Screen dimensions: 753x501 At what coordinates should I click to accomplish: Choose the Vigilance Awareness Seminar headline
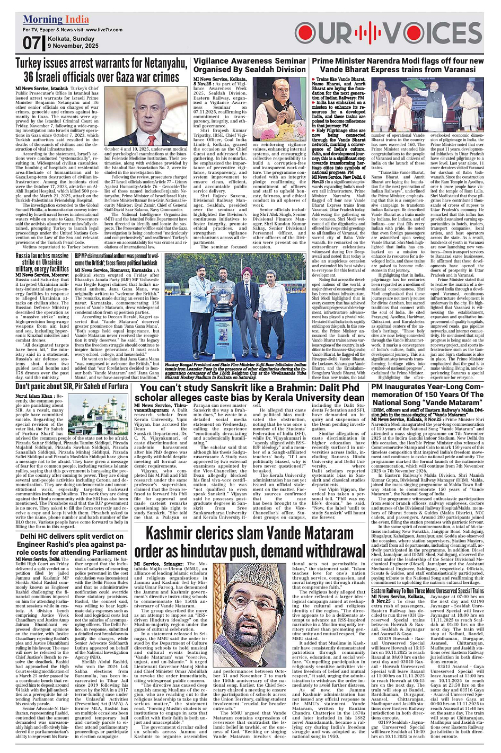click(250, 65)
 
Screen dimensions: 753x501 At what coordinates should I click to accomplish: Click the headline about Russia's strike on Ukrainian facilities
click(42, 262)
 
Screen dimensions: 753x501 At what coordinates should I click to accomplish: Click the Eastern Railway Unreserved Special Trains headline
click(427, 590)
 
